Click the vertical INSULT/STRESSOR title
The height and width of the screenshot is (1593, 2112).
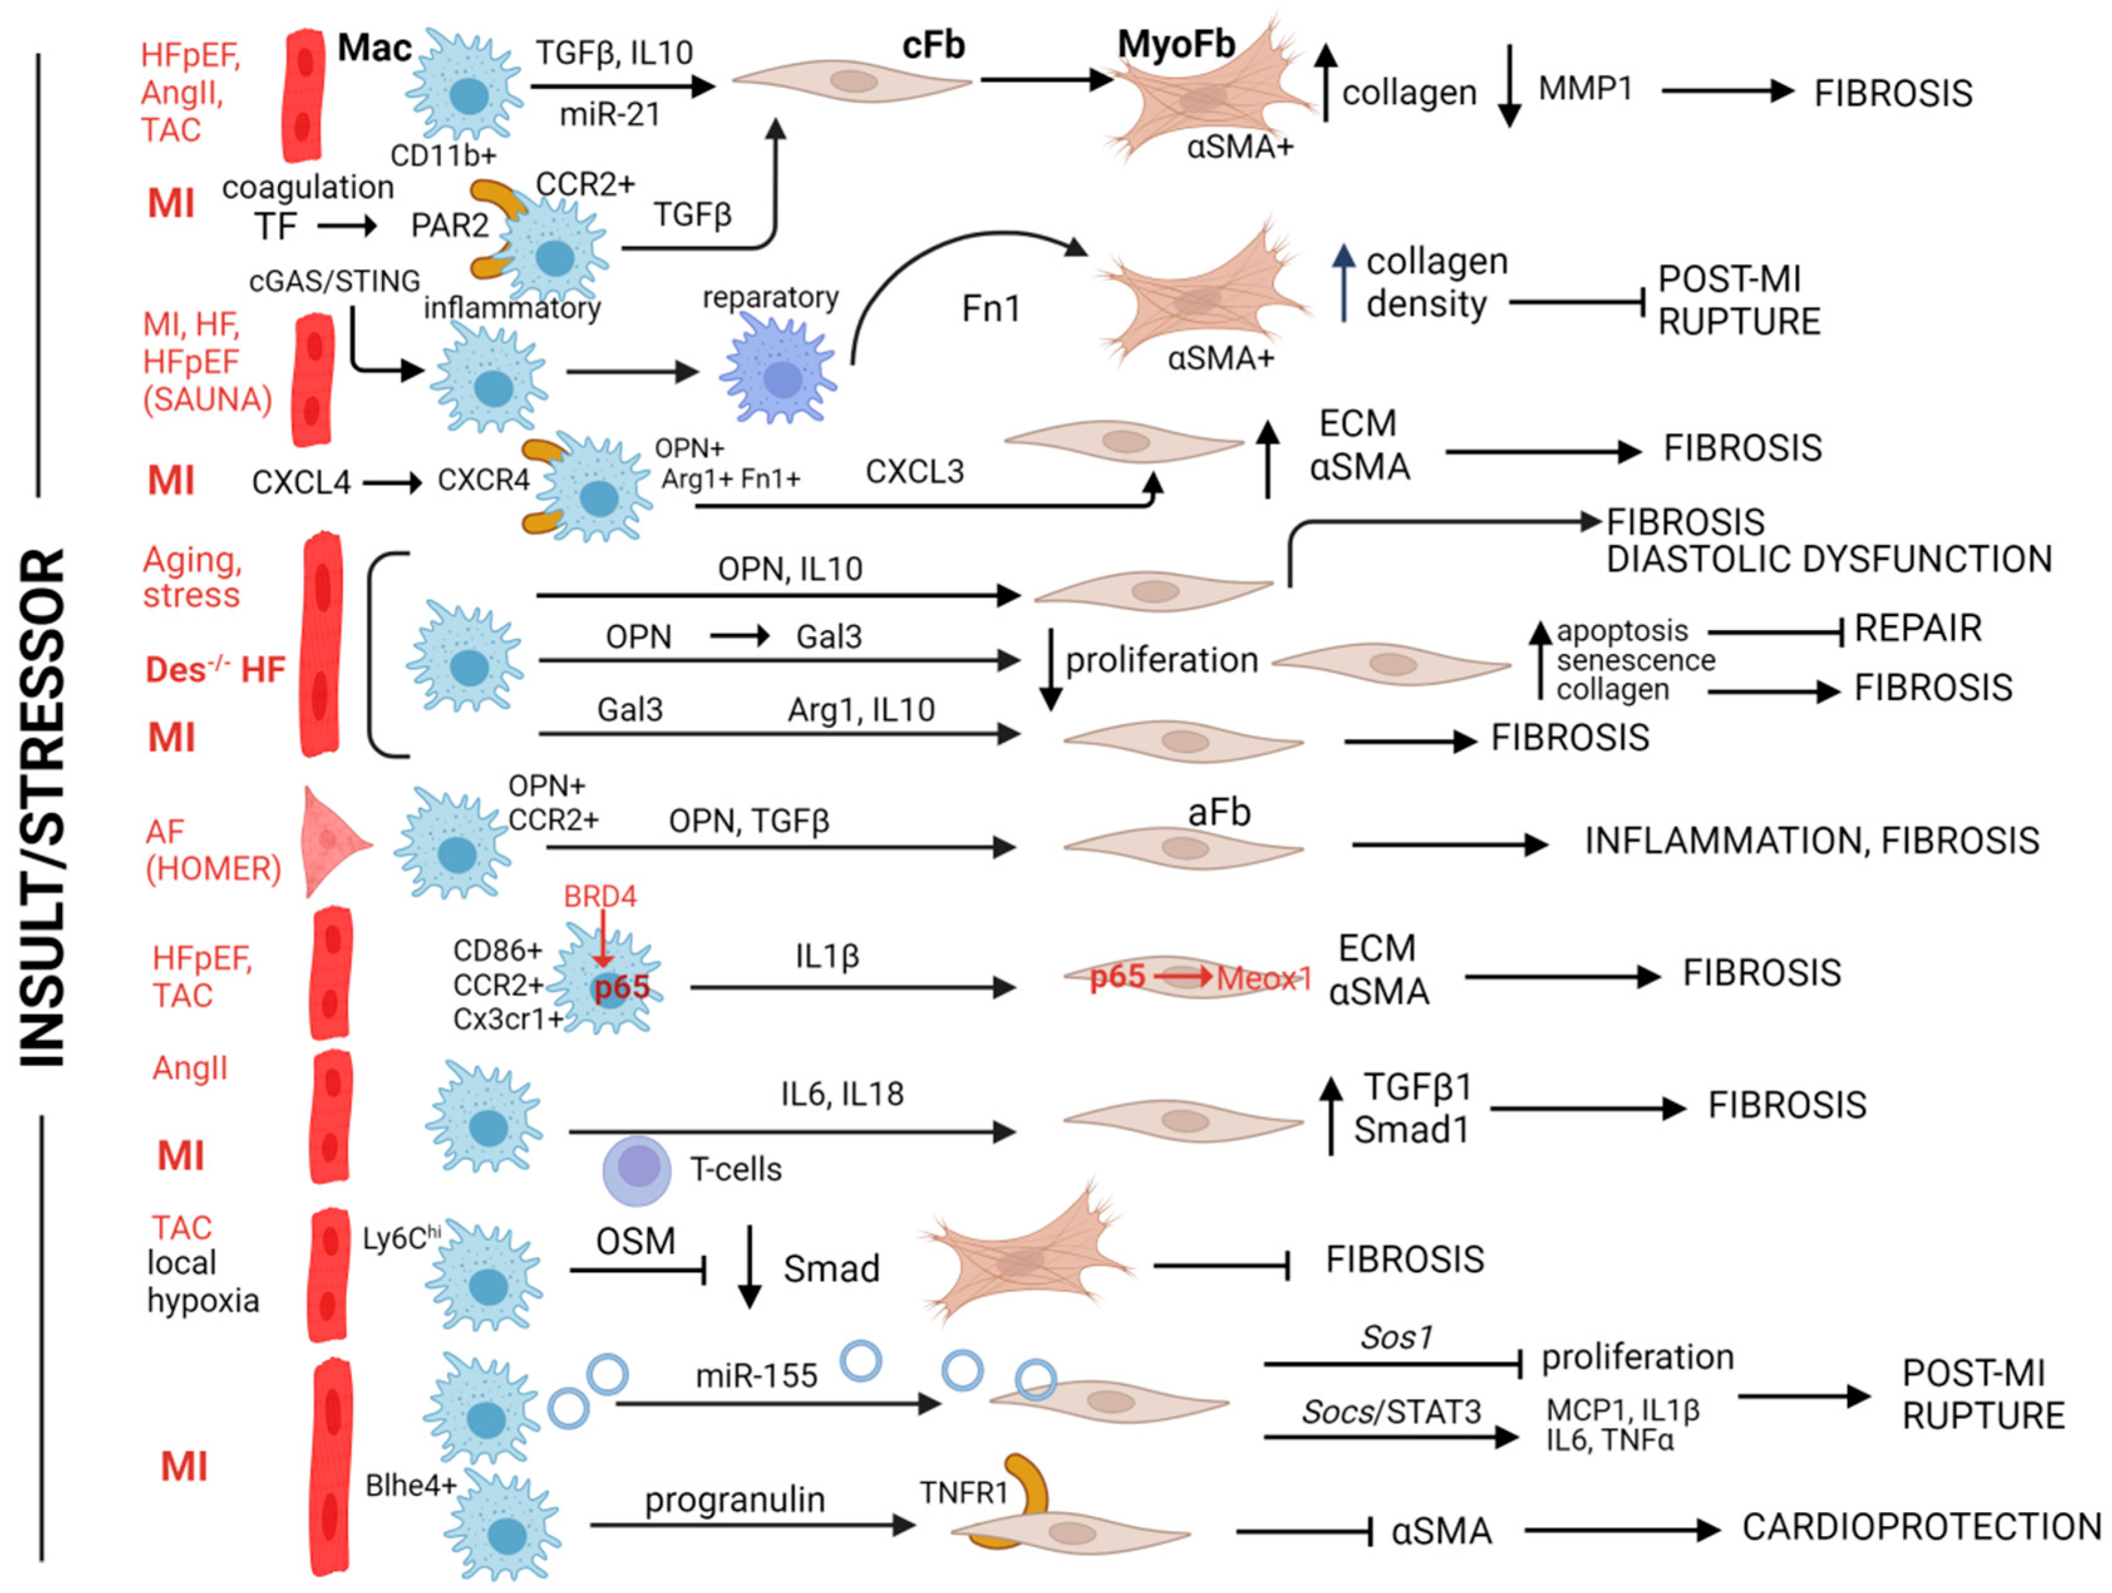point(42,806)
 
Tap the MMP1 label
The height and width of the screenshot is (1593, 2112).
point(1585,89)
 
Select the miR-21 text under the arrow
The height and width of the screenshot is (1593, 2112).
point(609,115)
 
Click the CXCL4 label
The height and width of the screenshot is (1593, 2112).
point(300,482)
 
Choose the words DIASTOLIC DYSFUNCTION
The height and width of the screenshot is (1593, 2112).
point(1828,559)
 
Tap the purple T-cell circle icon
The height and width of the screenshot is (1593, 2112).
point(637,1169)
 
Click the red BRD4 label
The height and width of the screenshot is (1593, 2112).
point(600,896)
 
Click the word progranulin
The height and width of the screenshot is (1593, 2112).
point(735,1500)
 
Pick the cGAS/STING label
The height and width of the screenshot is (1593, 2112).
point(334,281)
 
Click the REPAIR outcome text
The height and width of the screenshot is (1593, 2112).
point(1917,628)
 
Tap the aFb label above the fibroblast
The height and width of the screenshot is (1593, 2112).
point(1218,812)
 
